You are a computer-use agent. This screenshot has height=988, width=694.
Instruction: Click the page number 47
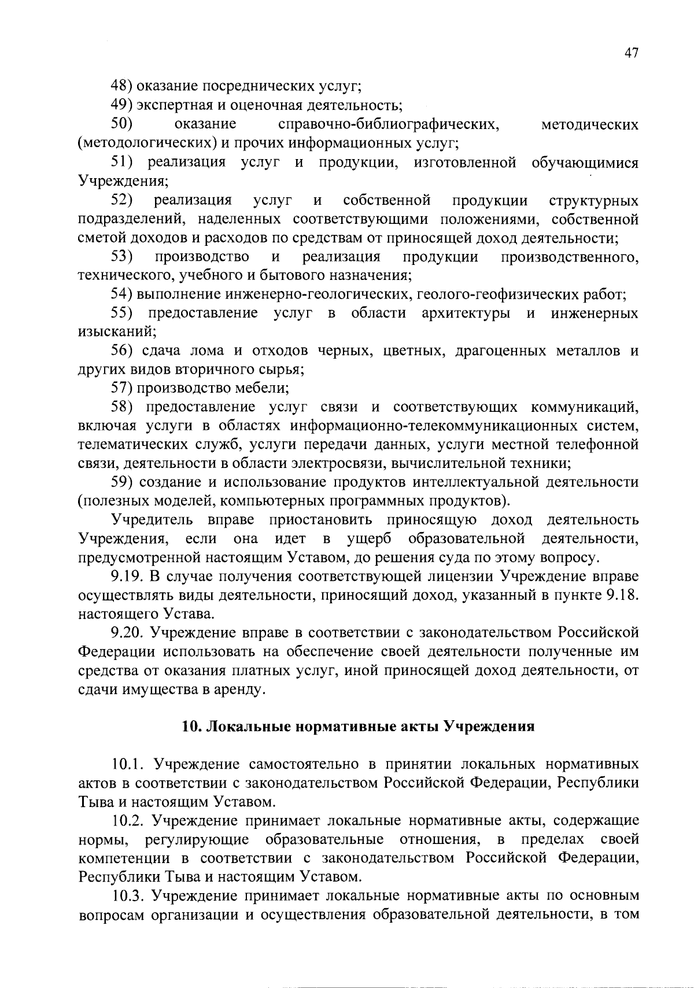631,53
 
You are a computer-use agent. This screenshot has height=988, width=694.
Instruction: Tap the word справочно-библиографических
389,124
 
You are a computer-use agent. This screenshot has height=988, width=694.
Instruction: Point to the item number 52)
123,201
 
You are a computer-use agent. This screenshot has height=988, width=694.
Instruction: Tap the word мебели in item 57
263,388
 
